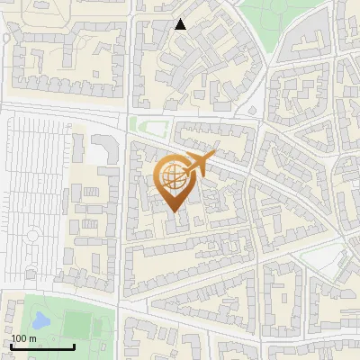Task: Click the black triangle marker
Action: coord(181,24)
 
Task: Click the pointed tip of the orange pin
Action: coord(175,212)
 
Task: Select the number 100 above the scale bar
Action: coord(20,338)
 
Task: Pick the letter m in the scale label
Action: coord(32,338)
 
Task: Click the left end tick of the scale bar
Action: coord(11,345)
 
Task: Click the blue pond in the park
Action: coord(40,319)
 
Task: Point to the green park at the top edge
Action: coord(270,13)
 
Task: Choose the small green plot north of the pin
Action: coord(148,125)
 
